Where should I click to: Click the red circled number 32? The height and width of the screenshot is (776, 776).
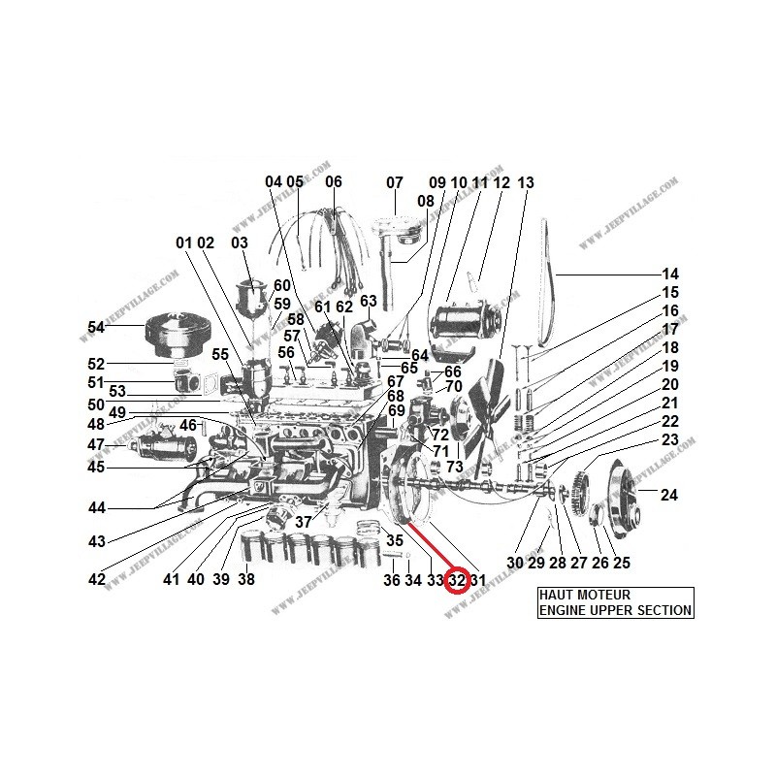[457, 580]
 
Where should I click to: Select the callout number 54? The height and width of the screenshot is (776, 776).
[95, 328]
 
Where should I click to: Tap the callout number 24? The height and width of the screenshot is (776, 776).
[668, 495]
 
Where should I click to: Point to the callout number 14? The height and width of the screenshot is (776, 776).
[670, 274]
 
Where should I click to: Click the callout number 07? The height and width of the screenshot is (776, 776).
[394, 182]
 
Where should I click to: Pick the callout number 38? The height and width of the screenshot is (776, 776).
[246, 580]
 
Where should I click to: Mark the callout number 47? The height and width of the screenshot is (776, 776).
[95, 444]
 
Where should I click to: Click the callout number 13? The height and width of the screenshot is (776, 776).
[526, 182]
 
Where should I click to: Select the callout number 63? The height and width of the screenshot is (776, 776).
[368, 301]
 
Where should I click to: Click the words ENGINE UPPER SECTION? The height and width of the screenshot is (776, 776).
[616, 610]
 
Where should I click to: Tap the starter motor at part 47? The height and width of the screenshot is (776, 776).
[165, 447]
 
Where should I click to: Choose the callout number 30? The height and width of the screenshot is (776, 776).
[514, 563]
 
